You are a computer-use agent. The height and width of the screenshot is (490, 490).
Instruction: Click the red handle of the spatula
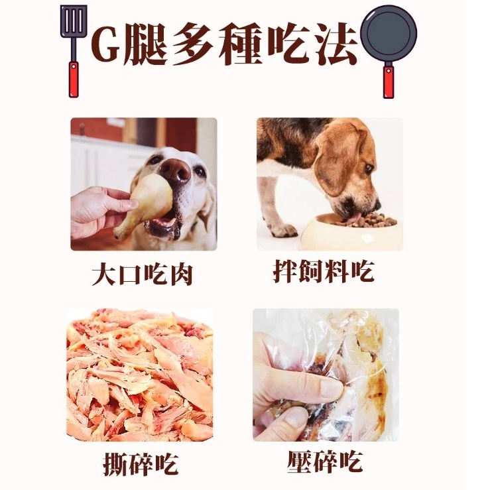pyautogui.click(x=74, y=80)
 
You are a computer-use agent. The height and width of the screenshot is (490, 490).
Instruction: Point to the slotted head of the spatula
pyautogui.click(x=74, y=22)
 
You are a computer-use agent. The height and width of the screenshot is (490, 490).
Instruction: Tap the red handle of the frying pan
pyautogui.click(x=388, y=82)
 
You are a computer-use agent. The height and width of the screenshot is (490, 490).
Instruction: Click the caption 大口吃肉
pyautogui.click(x=142, y=275)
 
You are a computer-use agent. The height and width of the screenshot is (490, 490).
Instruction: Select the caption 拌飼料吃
pyautogui.click(x=324, y=272)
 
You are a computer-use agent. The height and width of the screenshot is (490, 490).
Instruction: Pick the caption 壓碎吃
pyautogui.click(x=326, y=461)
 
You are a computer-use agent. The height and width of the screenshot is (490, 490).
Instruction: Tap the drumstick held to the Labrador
pyautogui.click(x=145, y=206)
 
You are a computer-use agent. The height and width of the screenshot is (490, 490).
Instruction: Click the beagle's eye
pyautogui.click(x=369, y=169)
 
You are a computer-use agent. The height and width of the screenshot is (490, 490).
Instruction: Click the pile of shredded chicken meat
pyautogui.click(x=140, y=375)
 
